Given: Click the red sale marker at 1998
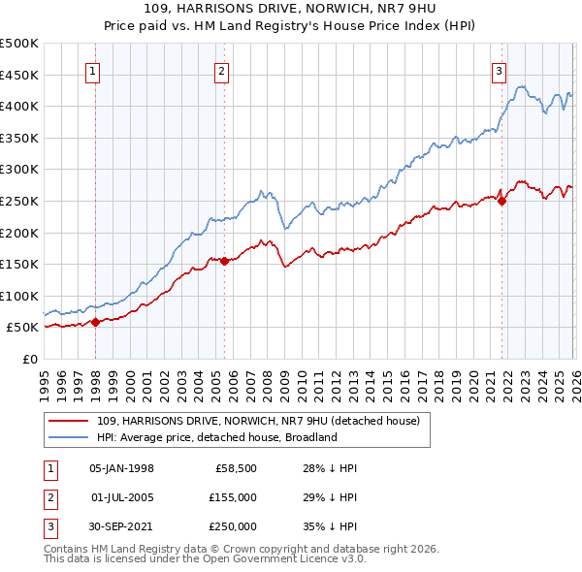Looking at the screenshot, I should [x=95, y=322].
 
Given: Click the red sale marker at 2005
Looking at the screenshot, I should [x=224, y=261].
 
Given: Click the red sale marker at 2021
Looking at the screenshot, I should [x=501, y=201].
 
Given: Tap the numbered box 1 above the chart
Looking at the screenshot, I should [x=93, y=71].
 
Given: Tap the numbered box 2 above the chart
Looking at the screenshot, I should [x=222, y=71].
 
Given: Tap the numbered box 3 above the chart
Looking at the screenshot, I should [x=499, y=71].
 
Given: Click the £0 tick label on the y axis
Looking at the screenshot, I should [x=29, y=359].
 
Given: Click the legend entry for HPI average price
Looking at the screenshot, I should [x=216, y=437].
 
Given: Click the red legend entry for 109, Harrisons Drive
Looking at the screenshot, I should [x=258, y=421].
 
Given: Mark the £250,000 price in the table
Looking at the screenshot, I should [x=233, y=526].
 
